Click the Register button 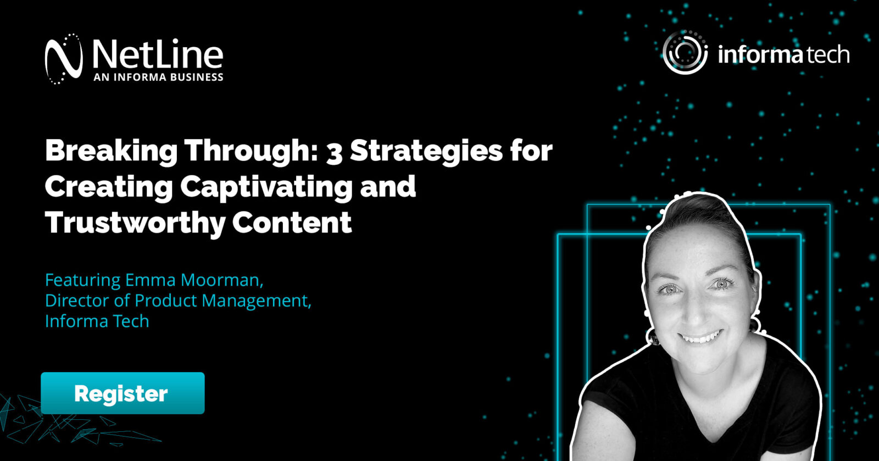[x=123, y=393]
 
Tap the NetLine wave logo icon [x=64, y=59]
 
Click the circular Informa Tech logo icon [x=685, y=52]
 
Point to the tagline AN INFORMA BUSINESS [x=159, y=77]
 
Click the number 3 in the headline [x=335, y=152]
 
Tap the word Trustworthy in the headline [x=135, y=223]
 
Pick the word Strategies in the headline [x=426, y=152]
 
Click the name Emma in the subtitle [x=151, y=280]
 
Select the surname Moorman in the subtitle [x=222, y=280]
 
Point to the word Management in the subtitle [x=257, y=301]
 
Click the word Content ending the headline [x=292, y=223]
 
